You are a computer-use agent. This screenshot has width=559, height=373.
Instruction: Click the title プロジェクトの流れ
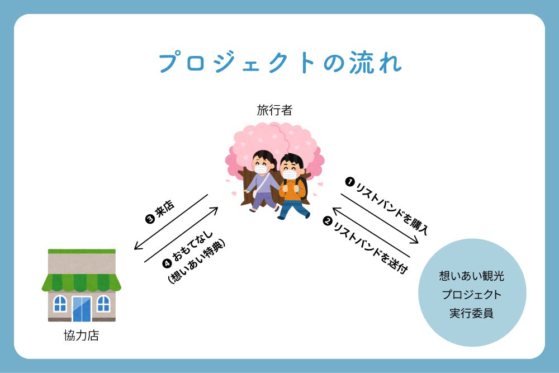point(280,63)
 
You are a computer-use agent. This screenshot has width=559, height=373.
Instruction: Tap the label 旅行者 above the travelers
point(274,110)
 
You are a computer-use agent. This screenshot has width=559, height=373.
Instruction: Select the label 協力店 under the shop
point(81,335)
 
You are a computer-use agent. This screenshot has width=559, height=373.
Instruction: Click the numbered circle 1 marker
point(350,182)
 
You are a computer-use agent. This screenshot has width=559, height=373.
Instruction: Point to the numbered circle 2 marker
point(327,221)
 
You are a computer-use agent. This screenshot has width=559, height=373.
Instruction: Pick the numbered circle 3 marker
point(150,219)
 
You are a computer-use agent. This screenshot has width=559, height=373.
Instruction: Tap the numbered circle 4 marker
point(167,263)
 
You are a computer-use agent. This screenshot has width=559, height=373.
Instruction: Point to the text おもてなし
point(192,246)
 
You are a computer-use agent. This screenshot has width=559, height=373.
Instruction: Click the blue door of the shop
point(82,309)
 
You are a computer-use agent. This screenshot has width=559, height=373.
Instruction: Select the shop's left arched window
point(60,304)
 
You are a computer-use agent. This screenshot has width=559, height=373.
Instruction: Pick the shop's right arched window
point(103,304)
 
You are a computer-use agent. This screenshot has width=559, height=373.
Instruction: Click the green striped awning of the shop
point(81,282)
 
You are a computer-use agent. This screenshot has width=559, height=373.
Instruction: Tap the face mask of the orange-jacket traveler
point(290,174)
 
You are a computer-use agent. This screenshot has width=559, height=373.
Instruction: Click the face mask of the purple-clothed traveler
point(261,169)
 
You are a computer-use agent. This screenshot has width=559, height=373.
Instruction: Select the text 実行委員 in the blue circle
point(471,314)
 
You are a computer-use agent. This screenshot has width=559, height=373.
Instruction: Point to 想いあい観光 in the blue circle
point(471,276)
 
